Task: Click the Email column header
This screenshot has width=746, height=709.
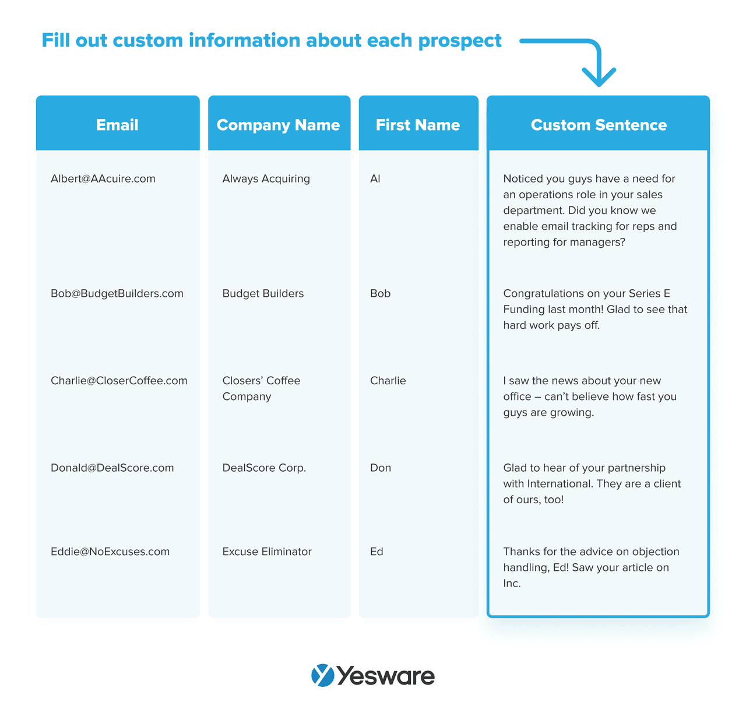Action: coord(117,125)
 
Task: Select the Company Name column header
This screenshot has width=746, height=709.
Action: coord(278,125)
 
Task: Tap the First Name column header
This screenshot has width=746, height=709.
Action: coord(417,125)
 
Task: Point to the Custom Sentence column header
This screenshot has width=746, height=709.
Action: coord(599,125)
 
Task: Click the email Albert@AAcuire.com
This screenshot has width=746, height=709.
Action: coord(103,179)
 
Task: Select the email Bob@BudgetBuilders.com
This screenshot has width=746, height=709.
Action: coord(117,294)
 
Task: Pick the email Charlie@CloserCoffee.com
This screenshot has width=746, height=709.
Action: coord(119,381)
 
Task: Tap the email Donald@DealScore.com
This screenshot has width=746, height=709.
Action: coord(112,468)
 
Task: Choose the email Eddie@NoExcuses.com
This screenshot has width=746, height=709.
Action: coord(110,552)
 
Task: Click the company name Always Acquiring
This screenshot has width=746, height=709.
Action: coord(266,179)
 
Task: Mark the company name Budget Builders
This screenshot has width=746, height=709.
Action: coord(263,294)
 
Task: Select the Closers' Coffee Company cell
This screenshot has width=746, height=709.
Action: coord(261,388)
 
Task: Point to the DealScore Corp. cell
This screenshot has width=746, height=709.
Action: coord(264,468)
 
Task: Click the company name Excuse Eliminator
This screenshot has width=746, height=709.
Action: coord(267,552)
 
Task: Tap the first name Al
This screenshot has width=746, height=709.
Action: coord(375,179)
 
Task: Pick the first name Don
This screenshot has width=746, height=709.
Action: coord(381,468)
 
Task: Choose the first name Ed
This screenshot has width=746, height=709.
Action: coord(376,552)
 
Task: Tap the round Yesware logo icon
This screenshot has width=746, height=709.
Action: coord(323,676)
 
